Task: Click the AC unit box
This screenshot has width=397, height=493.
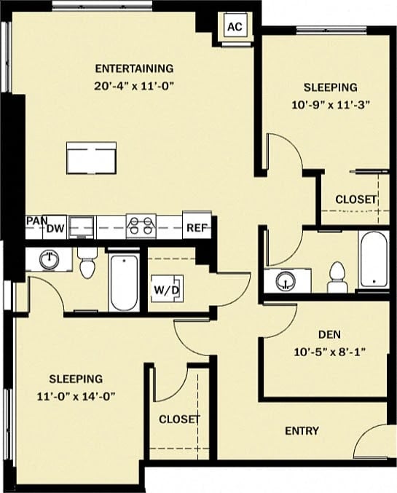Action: tap(234, 27)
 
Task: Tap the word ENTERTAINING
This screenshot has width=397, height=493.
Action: tap(135, 69)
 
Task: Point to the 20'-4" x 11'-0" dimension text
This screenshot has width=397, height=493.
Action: tap(135, 86)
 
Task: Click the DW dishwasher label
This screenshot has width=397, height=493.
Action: tap(55, 228)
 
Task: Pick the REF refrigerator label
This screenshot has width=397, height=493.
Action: tap(196, 228)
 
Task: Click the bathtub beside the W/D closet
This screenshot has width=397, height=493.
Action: tap(123, 282)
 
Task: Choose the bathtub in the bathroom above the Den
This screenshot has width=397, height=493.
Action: tap(372, 260)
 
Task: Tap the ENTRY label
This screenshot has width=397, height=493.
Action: tap(302, 431)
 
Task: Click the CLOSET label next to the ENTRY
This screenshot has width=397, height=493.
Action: tap(179, 419)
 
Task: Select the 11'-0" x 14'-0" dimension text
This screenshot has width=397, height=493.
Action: tap(76, 396)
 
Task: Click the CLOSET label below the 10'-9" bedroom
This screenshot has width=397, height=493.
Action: tap(356, 200)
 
